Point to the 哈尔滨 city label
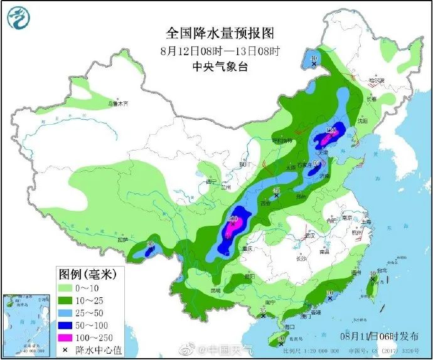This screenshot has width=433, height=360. point(375,81)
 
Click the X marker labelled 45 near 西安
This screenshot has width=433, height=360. point(277,196)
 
